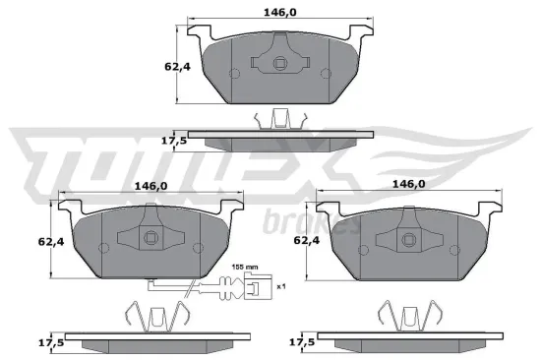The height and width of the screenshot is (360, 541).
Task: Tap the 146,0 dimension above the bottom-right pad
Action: click(408, 184)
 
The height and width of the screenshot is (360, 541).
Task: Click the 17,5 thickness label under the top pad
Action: click(173, 141)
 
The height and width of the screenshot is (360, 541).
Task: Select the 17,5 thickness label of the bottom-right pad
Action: click(302, 343)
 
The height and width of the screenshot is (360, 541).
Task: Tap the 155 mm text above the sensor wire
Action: click(245, 267)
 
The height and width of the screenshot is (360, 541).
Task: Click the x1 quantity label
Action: click(280, 286)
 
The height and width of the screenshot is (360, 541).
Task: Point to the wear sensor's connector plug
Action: click(253, 288)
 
